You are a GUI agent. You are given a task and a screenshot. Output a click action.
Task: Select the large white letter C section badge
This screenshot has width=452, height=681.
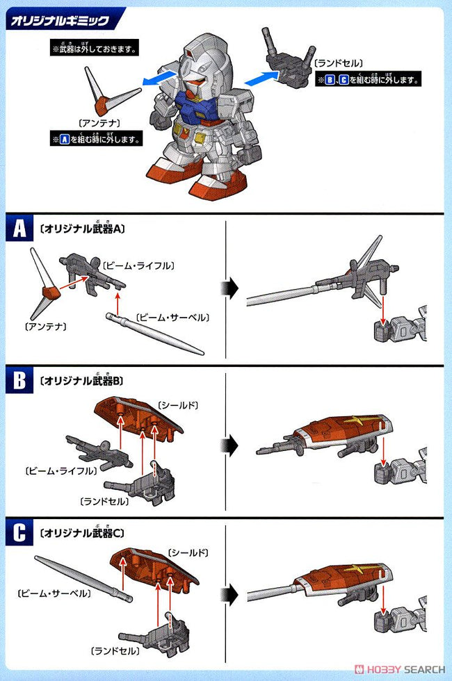pyautogui.click(x=19, y=534)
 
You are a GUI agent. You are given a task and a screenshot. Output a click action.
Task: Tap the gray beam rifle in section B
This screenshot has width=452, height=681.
pyautogui.click(x=97, y=452)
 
